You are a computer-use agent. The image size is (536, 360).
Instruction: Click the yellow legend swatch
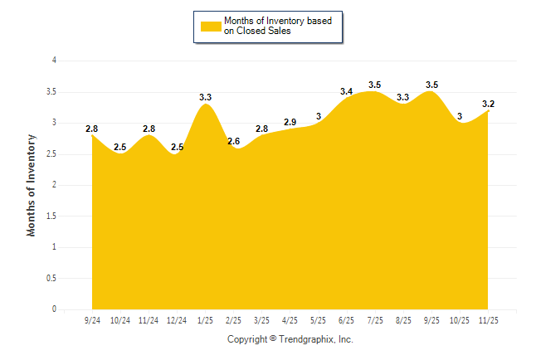coord(211,27)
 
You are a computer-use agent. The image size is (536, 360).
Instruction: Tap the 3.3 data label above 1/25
coord(206,98)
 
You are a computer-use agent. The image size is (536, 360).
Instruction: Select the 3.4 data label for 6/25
coord(347,91)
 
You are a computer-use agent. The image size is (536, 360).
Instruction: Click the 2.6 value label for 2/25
coord(234,142)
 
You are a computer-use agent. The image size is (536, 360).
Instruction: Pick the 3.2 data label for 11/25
coord(488,104)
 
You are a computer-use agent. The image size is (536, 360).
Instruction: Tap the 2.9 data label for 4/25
coord(290,123)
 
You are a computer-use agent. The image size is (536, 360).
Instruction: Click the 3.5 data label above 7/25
coord(375,85)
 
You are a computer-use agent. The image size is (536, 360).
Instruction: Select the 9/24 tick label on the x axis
coord(92,319)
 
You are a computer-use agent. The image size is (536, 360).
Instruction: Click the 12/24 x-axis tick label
coord(177,319)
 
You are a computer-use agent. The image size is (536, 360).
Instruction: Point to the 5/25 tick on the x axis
coord(319,319)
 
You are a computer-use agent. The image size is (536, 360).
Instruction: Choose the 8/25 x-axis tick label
coord(403,319)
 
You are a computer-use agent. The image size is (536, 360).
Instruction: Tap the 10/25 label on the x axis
coord(460,319)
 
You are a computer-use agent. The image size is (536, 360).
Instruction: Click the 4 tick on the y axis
coord(54,61)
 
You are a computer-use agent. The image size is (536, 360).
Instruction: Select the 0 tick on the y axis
coord(54,309)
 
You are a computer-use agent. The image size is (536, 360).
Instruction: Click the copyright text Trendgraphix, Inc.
coord(290,339)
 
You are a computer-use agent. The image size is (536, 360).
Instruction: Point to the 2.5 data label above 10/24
coord(120,148)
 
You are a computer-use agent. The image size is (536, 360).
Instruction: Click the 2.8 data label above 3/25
coord(262,129)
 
